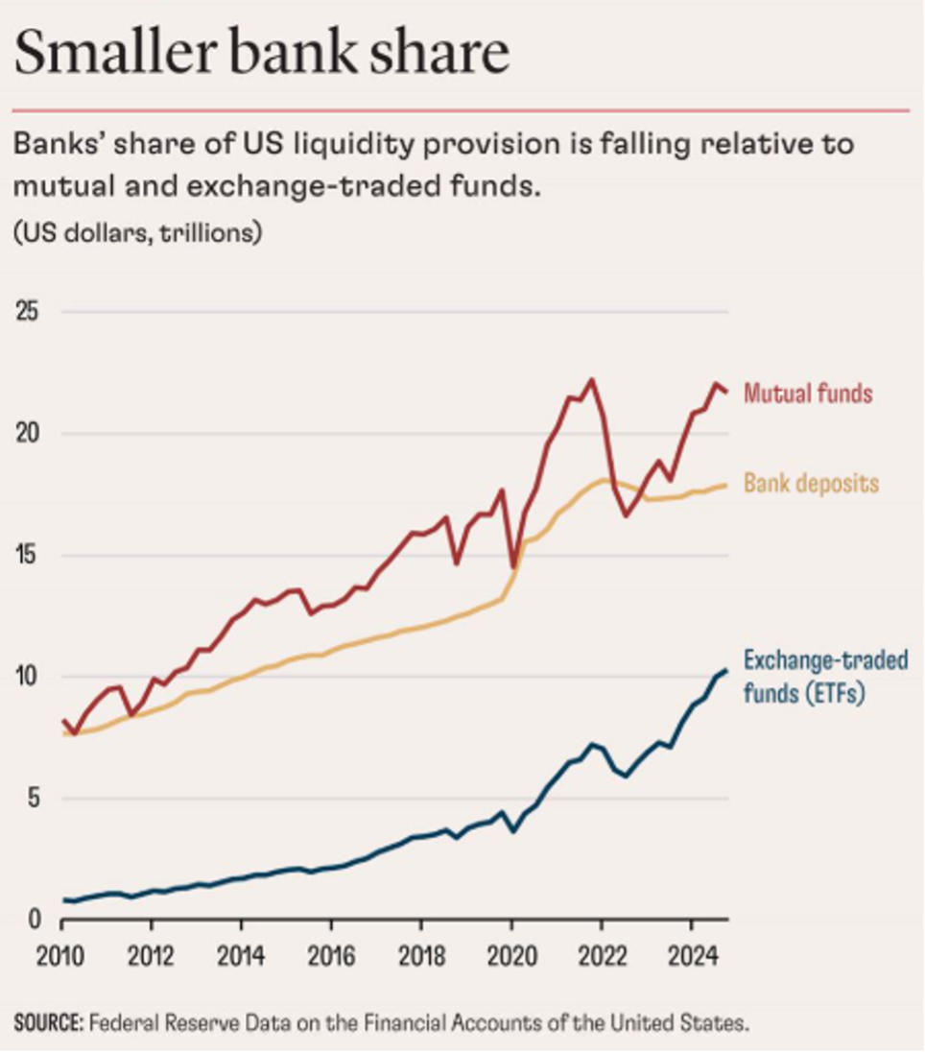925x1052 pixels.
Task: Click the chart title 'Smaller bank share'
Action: click(261, 53)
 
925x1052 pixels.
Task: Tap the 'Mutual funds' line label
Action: click(808, 393)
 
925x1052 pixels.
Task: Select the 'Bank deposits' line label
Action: click(812, 483)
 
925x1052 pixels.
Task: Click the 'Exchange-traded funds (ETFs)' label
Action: click(825, 676)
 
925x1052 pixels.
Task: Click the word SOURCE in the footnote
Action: click(47, 1023)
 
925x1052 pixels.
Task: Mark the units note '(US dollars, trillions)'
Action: click(137, 233)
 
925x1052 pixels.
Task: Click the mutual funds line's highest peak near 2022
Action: click(591, 379)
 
